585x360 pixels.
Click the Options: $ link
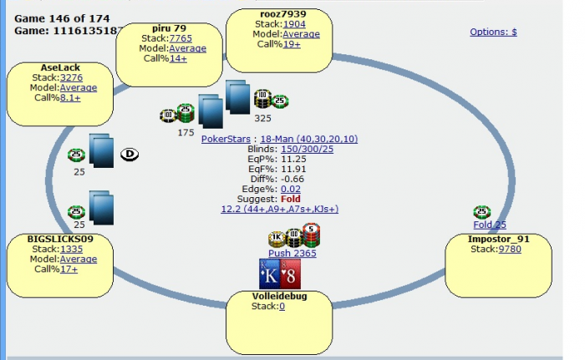point(493,32)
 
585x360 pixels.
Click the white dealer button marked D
point(130,153)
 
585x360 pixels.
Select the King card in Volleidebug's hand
point(270,274)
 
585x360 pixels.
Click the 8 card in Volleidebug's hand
point(290,274)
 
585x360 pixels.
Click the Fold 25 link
point(490,225)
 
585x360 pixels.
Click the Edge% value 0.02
point(290,190)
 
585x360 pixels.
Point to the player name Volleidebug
point(280,296)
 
